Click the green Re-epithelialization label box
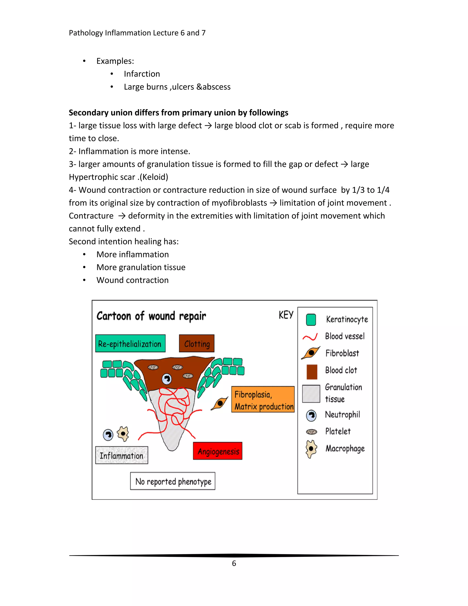pyautogui.click(x=130, y=343)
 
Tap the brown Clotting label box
pyautogui.click(x=197, y=343)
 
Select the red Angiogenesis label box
pyautogui.click(x=218, y=451)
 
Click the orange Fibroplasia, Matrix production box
pyautogui.click(x=263, y=399)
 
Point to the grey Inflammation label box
pyautogui.click(x=121, y=455)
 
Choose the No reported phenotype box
pyautogui.click(x=173, y=481)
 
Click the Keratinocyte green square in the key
pyautogui.click(x=311, y=320)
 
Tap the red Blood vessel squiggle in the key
pyautogui.click(x=310, y=337)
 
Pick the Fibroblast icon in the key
pyautogui.click(x=311, y=353)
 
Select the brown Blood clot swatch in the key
pyautogui.click(x=312, y=372)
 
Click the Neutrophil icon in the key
pyautogui.click(x=311, y=415)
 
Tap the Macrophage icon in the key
pyautogui.click(x=311, y=449)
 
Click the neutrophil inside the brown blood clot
pyautogui.click(x=167, y=379)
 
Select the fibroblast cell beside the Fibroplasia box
pyautogui.click(x=220, y=403)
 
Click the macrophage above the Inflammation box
pyautogui.click(x=123, y=433)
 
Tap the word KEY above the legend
pyautogui.click(x=286, y=315)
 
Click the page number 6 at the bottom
pyautogui.click(x=234, y=563)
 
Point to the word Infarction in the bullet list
pyautogui.click(x=142, y=74)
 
